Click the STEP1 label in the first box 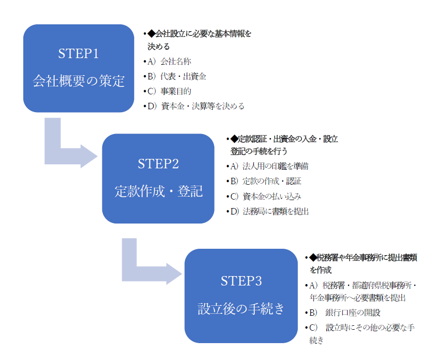78,54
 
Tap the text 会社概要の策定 78,81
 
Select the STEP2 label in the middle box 158,163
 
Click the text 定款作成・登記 158,191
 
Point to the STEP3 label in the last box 241,281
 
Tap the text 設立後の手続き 241,308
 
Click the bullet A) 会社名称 169,62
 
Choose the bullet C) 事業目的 169,91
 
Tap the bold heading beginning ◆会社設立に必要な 199,40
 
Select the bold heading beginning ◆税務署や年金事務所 363,264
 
